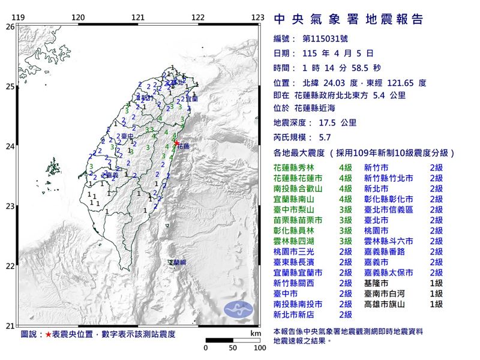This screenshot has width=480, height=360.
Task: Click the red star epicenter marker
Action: (177, 142)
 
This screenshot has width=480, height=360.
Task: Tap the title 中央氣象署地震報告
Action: (348, 19)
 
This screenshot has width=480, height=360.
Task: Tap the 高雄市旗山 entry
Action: (385, 304)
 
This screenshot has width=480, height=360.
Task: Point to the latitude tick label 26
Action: (10, 27)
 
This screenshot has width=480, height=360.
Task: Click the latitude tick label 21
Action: (10, 326)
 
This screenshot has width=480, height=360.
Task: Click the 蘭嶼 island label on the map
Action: (177, 263)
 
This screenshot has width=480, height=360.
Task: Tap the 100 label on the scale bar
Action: (259, 347)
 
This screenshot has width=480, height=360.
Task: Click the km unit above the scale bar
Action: (256, 332)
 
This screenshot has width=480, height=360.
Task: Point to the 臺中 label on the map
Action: (126, 137)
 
